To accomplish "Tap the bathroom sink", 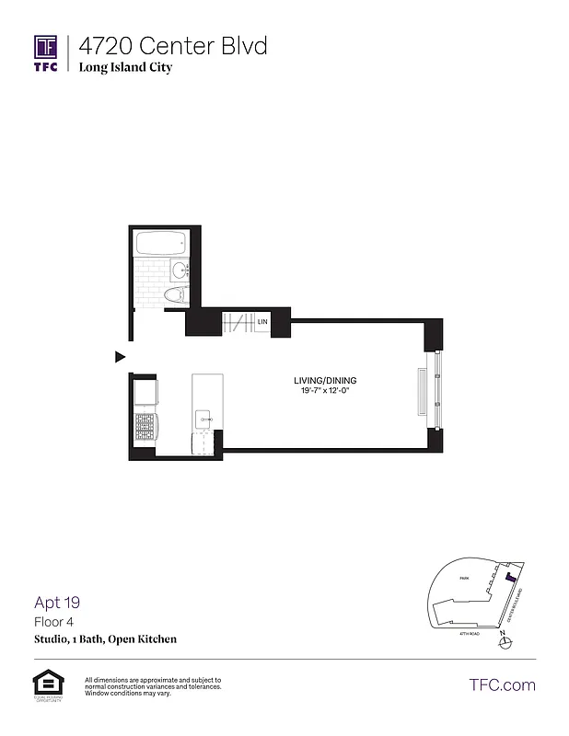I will [x=178, y=270].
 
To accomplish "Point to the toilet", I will [x=173, y=294].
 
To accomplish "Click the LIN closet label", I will [x=262, y=322].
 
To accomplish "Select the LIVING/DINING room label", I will [x=325, y=381].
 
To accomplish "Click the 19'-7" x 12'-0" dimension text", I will [x=325, y=392].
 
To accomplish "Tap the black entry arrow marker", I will [x=120, y=356].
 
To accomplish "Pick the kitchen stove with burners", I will [x=145, y=428].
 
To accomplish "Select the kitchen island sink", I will [x=203, y=420].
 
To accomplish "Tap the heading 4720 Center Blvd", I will [x=173, y=45].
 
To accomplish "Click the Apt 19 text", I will [x=57, y=604].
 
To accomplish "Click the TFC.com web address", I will [x=502, y=684].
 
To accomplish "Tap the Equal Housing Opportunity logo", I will [x=45, y=685].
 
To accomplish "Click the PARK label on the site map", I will [x=466, y=578].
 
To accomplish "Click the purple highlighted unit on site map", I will [x=508, y=578].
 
